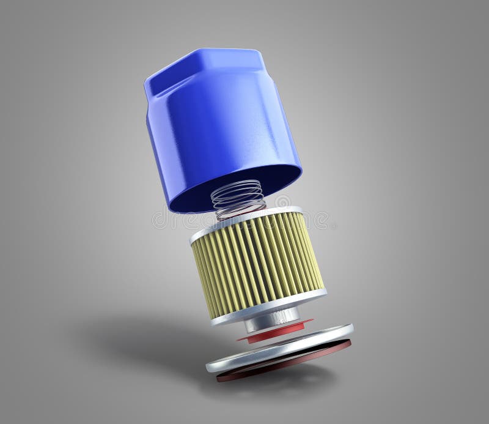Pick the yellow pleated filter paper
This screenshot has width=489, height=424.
pyautogui.click(x=257, y=263)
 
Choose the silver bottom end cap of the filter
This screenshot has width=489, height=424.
pyautogui.click(x=269, y=306)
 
